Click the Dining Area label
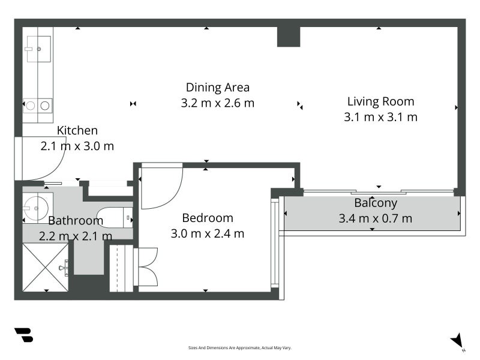coord(218,88)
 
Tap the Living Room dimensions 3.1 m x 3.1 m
coord(380,117)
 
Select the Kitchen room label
coord(77,130)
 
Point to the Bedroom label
coord(208,218)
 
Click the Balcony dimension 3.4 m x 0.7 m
coord(376,218)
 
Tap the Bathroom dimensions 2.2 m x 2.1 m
coord(76,236)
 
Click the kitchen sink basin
coord(39,49)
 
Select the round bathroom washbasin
coord(36,208)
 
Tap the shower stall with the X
coord(46,267)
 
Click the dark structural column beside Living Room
coord(289,37)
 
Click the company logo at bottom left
coord(24,335)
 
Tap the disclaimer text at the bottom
coord(239,348)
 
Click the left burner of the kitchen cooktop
coord(31,106)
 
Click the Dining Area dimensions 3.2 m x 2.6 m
coord(218,103)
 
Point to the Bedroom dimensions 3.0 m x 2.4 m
coord(208,233)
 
